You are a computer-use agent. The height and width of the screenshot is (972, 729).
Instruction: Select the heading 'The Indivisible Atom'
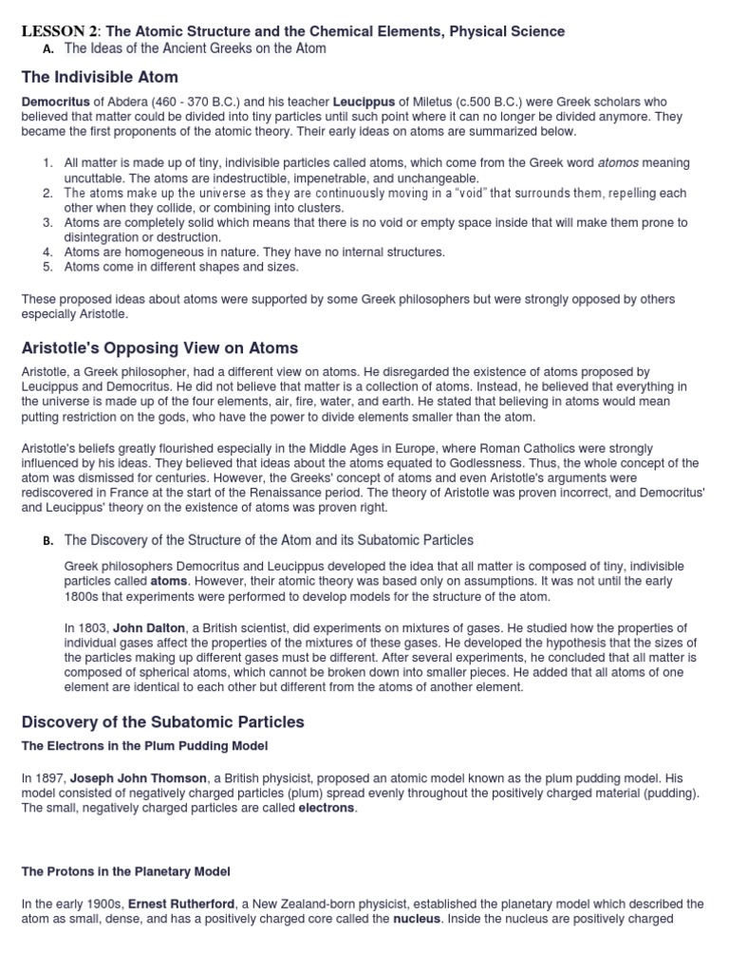100,77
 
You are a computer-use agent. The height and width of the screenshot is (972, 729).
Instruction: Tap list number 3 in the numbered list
47,223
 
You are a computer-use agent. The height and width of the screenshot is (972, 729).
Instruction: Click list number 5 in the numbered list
47,267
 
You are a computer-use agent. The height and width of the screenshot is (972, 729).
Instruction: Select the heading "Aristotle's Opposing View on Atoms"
159,347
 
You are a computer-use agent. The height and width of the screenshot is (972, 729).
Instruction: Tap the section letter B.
47,541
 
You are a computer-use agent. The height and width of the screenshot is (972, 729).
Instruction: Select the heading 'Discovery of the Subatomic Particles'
162,721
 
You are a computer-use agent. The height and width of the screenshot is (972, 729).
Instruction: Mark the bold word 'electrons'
327,808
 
